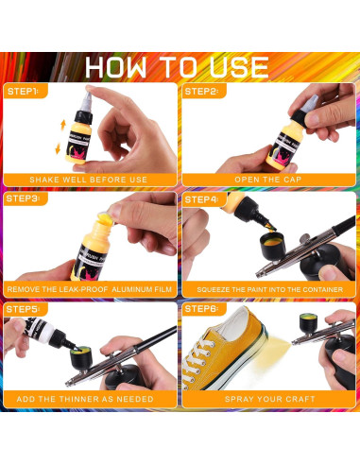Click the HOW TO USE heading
(180, 65)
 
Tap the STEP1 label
(23, 92)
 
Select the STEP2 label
(201, 92)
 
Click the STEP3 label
(23, 199)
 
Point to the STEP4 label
(201, 199)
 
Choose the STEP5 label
(23, 308)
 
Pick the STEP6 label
(201, 308)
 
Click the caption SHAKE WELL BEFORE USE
(89, 180)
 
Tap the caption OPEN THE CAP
(269, 180)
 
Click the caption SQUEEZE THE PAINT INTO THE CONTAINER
(269, 288)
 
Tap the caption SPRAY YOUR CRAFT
(269, 398)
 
